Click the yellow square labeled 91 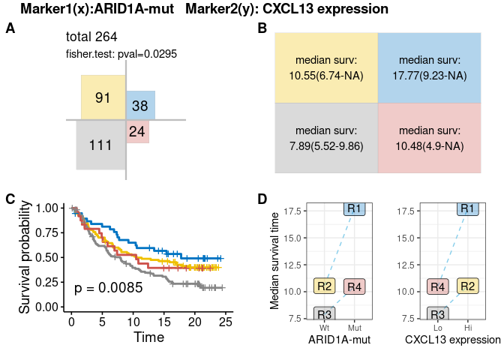(103, 97)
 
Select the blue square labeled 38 (140, 106)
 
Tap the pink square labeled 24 (136, 131)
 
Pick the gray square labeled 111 (100, 145)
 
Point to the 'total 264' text (91, 37)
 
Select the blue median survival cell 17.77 (430, 67)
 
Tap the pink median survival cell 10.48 (430, 138)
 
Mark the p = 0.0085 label (108, 287)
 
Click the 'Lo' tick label (438, 328)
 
